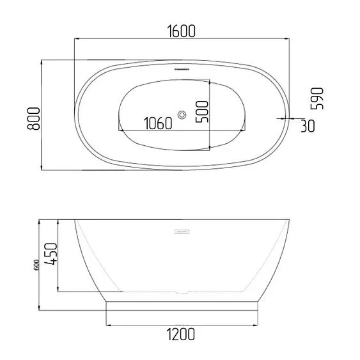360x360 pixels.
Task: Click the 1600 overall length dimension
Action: pos(182,31)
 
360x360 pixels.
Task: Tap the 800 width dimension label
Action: pos(33,119)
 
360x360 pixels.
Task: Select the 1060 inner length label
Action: pos(158,123)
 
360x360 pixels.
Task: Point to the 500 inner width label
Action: pos(202,112)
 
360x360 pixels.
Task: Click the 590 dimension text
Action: pos(317,98)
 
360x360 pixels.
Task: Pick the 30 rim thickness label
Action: pos(308,126)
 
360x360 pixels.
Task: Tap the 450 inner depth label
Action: pos(50,254)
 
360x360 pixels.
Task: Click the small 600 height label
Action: pos(36,265)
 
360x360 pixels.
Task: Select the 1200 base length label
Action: pos(180,334)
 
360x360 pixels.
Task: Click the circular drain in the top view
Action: pos(182,115)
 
